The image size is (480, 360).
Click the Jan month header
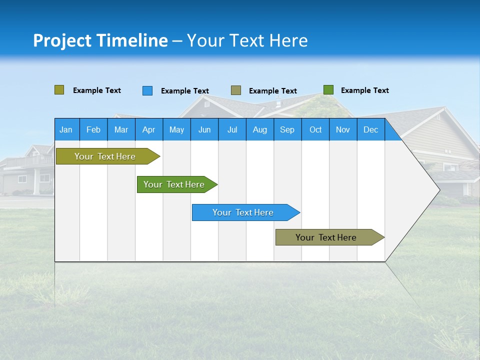pos(66,130)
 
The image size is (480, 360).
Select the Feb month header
pos(93,130)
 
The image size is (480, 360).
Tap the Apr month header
pos(148,130)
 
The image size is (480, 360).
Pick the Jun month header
pos(204,130)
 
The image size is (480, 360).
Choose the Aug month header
pos(259,130)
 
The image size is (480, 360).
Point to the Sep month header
pos(287,130)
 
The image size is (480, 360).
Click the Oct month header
pos(315,130)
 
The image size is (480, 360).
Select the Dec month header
pos(370,130)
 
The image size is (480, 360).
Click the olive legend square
pos(59,90)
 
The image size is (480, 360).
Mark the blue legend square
pos(147,90)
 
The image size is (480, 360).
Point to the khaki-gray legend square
pos(236,90)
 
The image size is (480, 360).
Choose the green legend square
pos(328,90)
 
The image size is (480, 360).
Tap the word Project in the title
pos(62,41)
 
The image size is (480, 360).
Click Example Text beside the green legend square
pos(364,90)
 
